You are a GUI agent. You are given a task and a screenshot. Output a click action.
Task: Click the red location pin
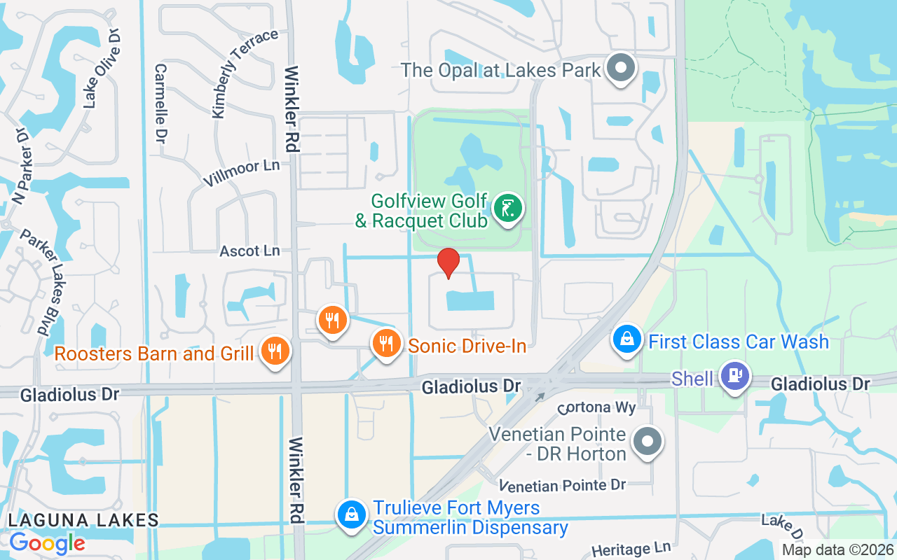tap(448, 263)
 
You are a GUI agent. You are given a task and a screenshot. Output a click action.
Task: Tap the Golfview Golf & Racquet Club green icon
tap(508, 209)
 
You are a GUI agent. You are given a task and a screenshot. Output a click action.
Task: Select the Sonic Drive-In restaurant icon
tap(385, 344)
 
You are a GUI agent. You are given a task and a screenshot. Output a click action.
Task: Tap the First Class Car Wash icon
tap(627, 340)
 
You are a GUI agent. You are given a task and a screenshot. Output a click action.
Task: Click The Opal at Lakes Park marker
tap(620, 69)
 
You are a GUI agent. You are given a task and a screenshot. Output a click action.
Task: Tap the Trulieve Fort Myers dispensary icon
tap(350, 515)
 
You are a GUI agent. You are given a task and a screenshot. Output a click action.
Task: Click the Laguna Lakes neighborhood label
tap(83, 520)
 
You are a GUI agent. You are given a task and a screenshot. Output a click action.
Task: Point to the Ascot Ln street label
tap(249, 251)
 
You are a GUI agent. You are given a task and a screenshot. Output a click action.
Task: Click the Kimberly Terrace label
tap(244, 73)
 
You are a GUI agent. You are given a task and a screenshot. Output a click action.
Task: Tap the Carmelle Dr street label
tap(160, 104)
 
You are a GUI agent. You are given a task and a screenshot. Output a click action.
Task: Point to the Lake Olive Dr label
tap(102, 69)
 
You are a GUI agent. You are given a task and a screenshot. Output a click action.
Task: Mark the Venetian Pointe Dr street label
tap(563, 485)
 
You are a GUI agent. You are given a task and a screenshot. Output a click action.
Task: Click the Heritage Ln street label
tap(631, 549)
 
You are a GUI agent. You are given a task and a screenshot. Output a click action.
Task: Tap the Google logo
tap(47, 542)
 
